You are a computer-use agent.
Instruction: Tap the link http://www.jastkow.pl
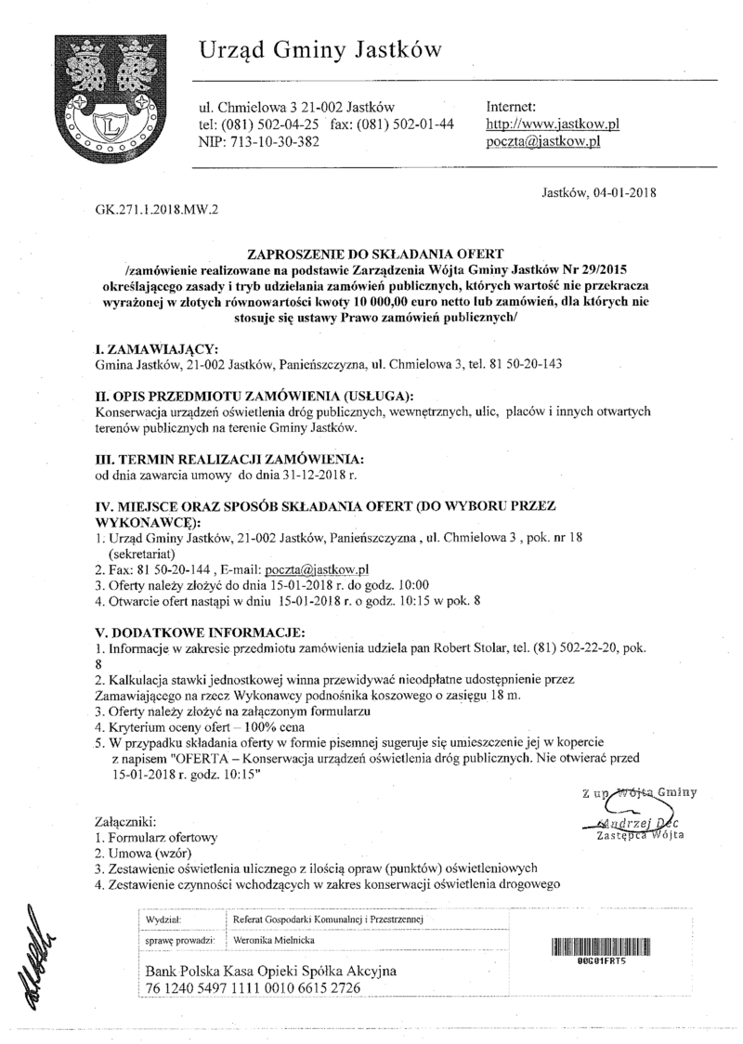(554, 124)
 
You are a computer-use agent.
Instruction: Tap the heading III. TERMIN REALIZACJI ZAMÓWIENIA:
(229, 459)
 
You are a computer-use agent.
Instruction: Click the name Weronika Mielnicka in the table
(276, 941)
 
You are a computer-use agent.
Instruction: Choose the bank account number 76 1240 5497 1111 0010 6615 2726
(253, 988)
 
